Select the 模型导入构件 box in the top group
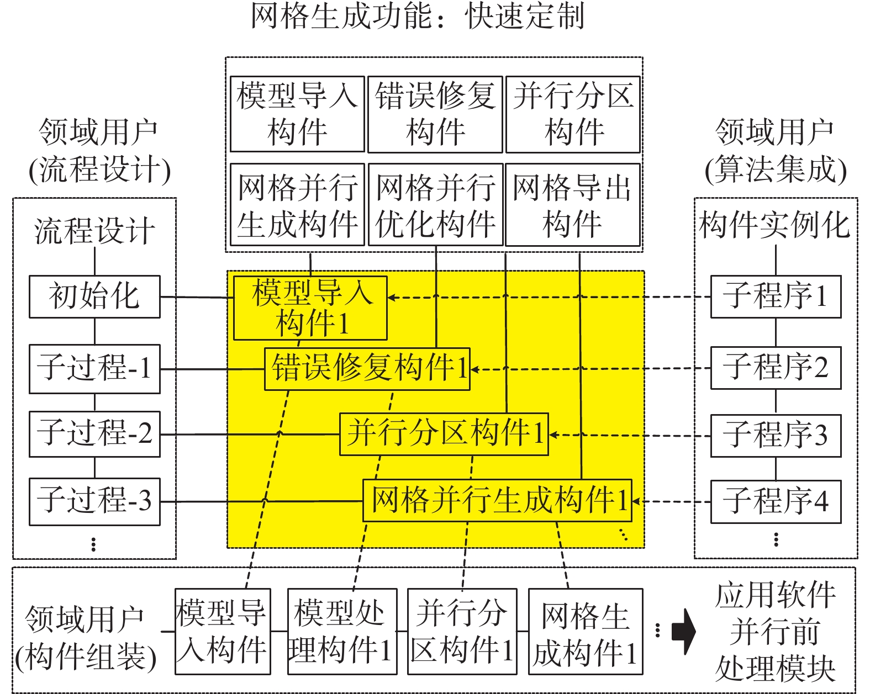pos(297,114)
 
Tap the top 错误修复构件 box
pos(435,114)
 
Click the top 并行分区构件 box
pos(573,114)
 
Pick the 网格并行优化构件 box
pos(435,205)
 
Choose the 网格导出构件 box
pos(572,205)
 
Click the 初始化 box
pos(94,296)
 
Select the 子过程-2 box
pos(94,434)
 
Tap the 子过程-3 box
pos(94,501)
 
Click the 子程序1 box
pos(776,297)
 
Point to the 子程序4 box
pos(776,502)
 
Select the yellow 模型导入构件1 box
pos(310,308)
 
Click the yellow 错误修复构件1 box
pos(367,369)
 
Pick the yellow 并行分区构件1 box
pos(444,434)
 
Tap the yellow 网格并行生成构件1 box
pos(497,500)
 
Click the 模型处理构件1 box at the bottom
pos(342,632)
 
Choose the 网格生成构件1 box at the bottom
pos(586,632)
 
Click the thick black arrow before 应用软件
pos(684,632)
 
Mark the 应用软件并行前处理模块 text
pos(775,632)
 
